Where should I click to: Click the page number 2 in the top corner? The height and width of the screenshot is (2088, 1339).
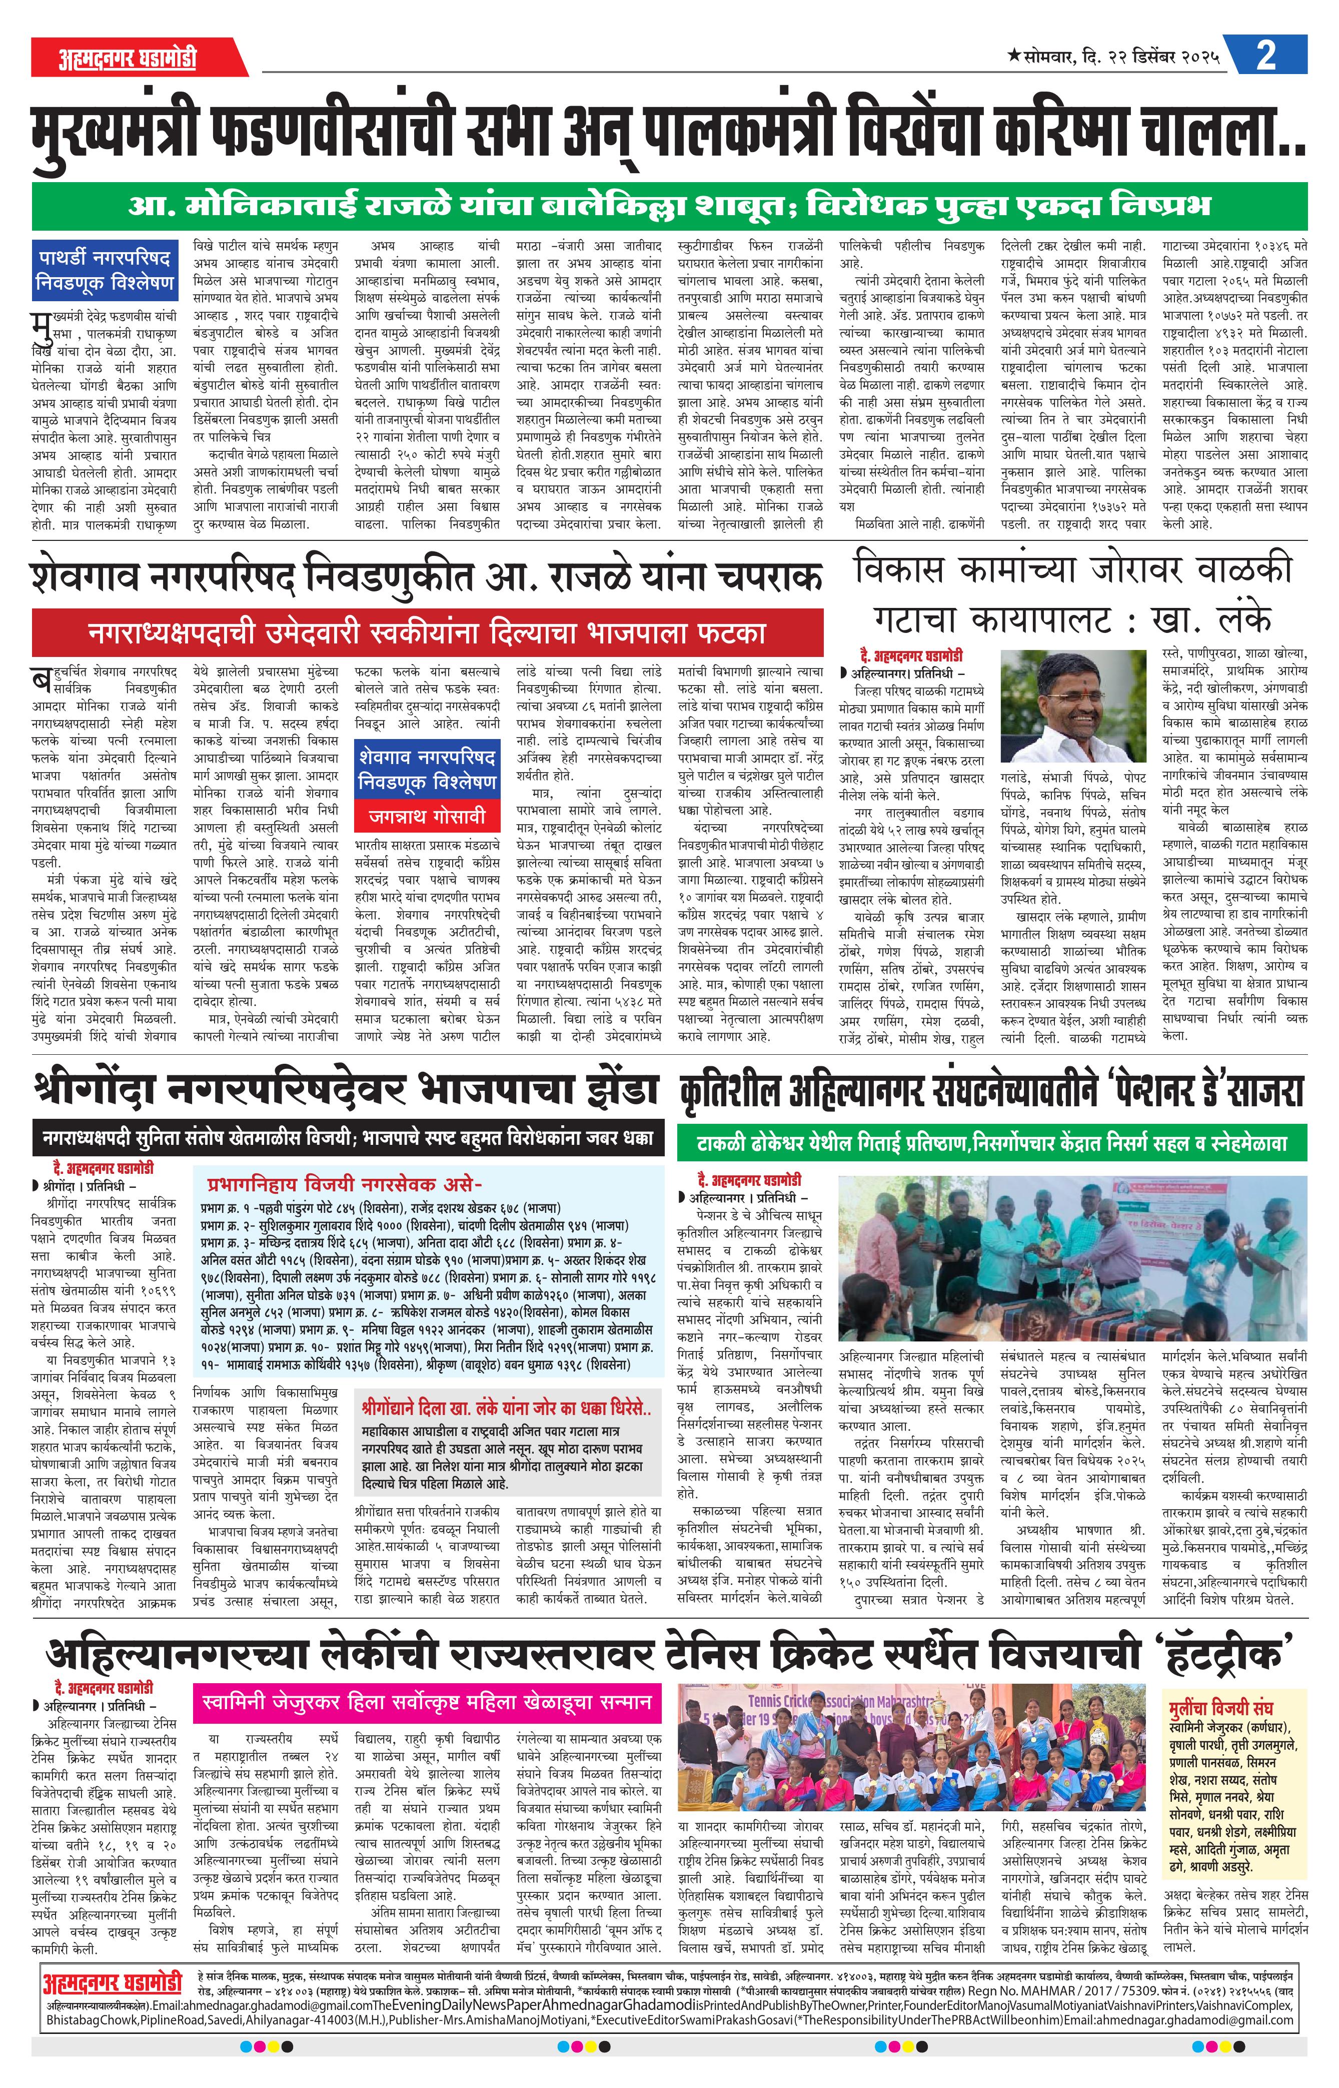pyautogui.click(x=1266, y=56)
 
